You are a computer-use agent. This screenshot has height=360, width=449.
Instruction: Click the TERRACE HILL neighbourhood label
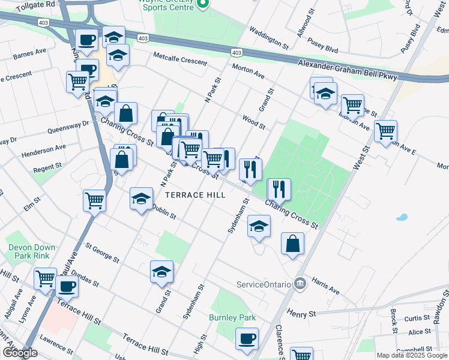tap(195, 195)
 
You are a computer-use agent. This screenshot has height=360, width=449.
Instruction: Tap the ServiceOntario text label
tap(264, 284)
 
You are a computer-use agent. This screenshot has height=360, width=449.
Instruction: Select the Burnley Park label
tap(232, 317)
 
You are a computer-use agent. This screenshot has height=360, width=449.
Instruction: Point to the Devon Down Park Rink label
tap(32, 251)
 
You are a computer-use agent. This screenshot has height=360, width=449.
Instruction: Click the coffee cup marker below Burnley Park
tap(246, 338)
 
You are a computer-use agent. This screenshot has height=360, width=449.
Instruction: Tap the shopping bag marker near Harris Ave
tap(292, 244)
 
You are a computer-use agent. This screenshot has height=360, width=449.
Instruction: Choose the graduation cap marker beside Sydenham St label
tap(259, 226)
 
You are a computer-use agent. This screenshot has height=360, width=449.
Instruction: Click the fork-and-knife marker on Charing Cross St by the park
tap(279, 189)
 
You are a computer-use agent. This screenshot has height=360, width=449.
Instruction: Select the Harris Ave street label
tap(325, 286)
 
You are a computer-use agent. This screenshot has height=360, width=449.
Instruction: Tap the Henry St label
tap(301, 314)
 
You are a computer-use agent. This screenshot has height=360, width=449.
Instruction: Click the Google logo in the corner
tap(20, 353)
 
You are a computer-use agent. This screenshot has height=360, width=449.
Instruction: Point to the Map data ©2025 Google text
tap(412, 355)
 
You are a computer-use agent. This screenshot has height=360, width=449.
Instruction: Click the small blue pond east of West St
tap(402, 217)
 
